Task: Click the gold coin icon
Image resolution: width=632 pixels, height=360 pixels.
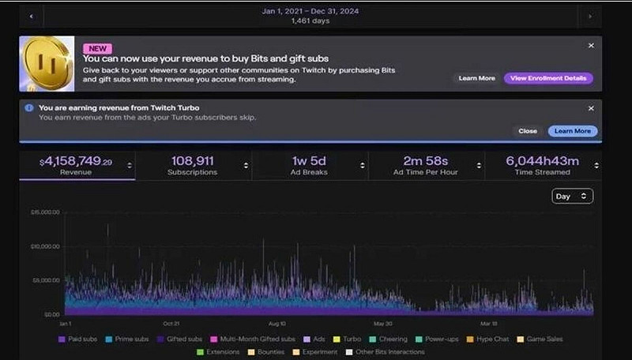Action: coord(47,63)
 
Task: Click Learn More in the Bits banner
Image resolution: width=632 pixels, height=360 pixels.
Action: coord(476,78)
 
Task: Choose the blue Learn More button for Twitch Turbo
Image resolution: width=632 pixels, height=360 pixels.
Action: coord(572,131)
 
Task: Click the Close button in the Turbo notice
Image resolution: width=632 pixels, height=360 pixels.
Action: coord(528,131)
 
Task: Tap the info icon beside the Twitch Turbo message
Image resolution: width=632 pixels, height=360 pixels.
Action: coord(29,108)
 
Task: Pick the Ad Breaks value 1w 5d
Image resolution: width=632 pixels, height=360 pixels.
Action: coord(308,162)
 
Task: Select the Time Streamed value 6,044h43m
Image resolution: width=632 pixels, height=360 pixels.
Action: coord(542,162)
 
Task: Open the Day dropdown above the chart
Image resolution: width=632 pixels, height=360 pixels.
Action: coord(572,196)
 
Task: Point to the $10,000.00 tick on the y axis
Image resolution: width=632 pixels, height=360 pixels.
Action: coord(45,246)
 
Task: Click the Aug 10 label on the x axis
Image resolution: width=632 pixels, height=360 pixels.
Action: coord(276,324)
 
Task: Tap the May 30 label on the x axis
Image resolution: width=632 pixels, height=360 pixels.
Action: coord(383,324)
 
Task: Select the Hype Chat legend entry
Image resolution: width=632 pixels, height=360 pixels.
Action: coord(490,339)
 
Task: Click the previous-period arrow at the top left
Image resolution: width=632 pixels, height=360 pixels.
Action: coord(31,15)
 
